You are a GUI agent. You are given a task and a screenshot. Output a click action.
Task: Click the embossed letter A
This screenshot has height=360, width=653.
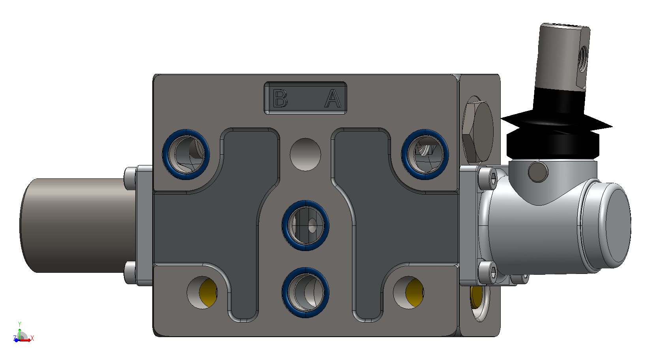pos(333,98)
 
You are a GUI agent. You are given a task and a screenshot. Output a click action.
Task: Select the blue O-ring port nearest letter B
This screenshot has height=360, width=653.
pos(186,154)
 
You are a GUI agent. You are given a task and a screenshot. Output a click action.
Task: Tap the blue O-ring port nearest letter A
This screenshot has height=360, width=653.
pos(425,154)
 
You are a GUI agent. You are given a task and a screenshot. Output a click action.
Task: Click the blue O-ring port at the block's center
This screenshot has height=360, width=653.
pos(305,225)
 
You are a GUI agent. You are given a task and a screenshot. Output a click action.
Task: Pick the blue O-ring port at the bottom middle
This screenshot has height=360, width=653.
pos(305,292)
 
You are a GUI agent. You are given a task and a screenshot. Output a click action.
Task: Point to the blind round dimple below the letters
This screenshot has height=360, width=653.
pos(305,154)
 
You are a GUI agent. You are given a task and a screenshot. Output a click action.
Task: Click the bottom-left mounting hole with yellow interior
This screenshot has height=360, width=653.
pos(202,292)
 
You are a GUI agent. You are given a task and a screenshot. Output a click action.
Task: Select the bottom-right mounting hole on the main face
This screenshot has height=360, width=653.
pos(408,292)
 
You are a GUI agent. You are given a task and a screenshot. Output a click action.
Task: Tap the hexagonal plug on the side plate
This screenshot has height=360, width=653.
pos(477,129)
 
